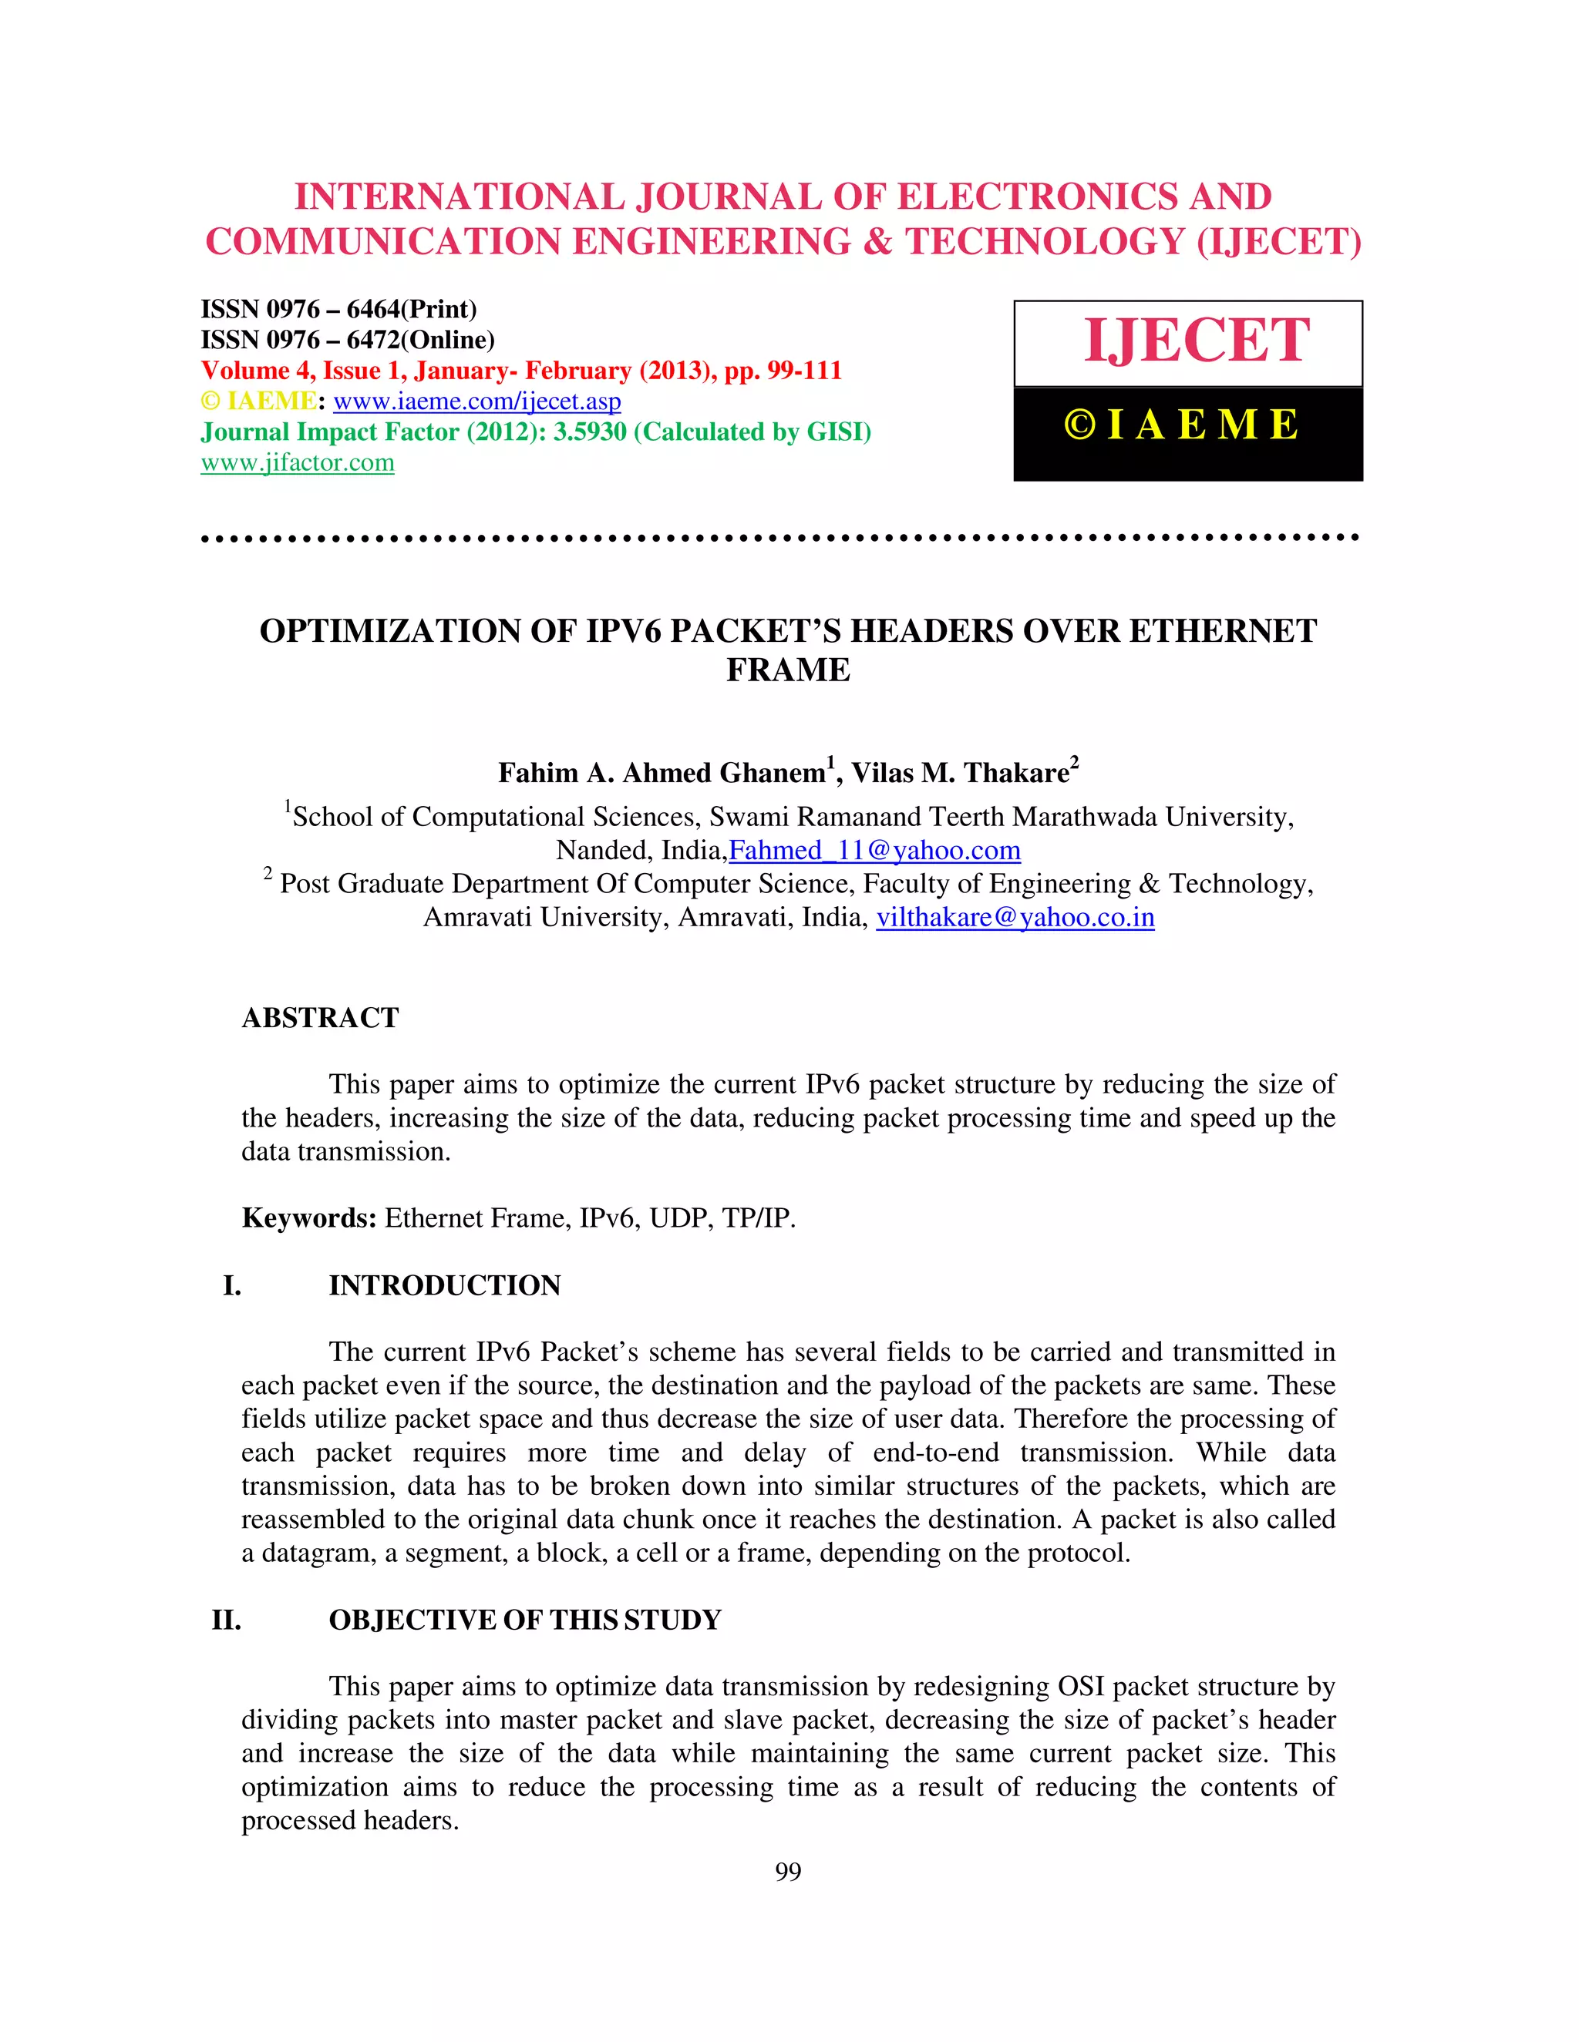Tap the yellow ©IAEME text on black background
click(1181, 425)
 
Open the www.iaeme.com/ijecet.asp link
click(476, 402)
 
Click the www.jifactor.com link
click(297, 463)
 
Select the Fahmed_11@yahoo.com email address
click(874, 851)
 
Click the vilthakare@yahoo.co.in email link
click(1015, 917)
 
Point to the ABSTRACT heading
click(320, 1017)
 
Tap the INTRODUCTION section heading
click(444, 1285)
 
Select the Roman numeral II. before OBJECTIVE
click(227, 1621)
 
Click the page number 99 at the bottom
click(788, 1871)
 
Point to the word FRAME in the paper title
click(788, 670)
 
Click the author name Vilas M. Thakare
click(961, 773)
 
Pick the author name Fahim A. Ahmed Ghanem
click(662, 773)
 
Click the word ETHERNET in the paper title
click(1224, 631)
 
